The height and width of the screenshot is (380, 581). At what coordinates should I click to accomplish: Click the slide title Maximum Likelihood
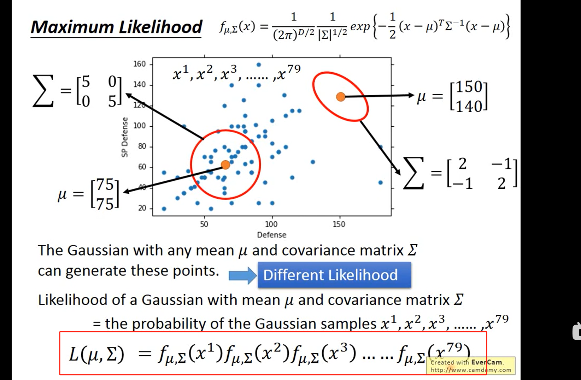[116, 27]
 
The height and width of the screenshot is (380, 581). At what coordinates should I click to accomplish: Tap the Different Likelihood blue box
[334, 275]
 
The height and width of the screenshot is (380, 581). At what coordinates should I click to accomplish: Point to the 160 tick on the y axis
[139, 64]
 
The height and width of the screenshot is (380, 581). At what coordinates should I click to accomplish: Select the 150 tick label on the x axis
[339, 224]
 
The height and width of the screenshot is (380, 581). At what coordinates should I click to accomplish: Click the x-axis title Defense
[271, 235]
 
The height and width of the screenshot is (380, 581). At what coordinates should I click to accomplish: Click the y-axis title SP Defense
[124, 137]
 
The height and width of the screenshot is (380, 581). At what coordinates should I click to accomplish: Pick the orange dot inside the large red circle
[225, 165]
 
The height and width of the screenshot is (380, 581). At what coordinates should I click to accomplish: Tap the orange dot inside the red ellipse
[340, 97]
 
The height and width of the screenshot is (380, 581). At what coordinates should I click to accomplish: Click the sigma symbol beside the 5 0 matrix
[43, 91]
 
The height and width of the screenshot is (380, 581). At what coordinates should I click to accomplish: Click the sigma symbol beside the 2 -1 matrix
[413, 173]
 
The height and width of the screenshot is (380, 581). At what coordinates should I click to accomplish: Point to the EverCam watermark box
[471, 366]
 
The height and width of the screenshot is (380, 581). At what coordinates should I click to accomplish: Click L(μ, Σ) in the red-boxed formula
[96, 354]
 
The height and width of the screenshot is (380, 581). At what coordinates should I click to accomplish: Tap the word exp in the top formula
[360, 27]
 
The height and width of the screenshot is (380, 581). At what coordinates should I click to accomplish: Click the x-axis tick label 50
[204, 224]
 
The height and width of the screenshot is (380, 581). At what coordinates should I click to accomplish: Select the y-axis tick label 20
[142, 208]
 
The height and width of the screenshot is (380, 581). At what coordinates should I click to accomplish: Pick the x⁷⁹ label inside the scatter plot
[288, 73]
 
